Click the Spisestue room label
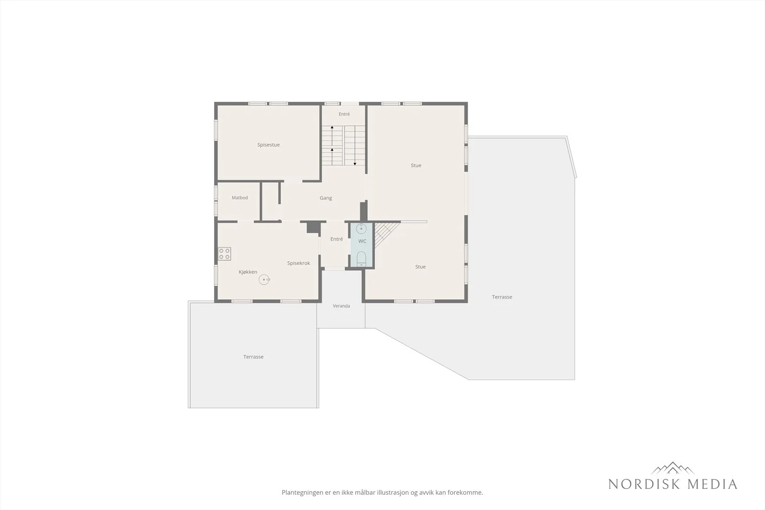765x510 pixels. pyautogui.click(x=268, y=145)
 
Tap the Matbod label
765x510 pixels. pyautogui.click(x=240, y=198)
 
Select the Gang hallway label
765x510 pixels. pyautogui.click(x=326, y=198)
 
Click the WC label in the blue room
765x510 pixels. pyautogui.click(x=362, y=241)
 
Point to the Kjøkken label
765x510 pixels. pyautogui.click(x=248, y=272)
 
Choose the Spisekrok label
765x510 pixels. pyautogui.click(x=298, y=263)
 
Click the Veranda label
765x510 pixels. pyautogui.click(x=341, y=306)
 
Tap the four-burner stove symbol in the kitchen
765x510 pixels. pyautogui.click(x=224, y=254)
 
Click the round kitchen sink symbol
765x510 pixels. pyautogui.click(x=264, y=280)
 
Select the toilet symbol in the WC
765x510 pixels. pyautogui.click(x=361, y=259)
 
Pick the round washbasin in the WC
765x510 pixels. pyautogui.click(x=361, y=228)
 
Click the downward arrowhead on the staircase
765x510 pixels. pyautogui.click(x=355, y=164)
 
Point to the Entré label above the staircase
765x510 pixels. pyautogui.click(x=344, y=114)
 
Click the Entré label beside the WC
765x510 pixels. pyautogui.click(x=337, y=239)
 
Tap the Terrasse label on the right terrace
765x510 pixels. pyautogui.click(x=502, y=297)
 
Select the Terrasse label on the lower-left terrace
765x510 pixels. pyautogui.click(x=253, y=357)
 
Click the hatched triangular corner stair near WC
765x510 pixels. pyautogui.click(x=383, y=232)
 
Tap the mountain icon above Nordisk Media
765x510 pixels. pyautogui.click(x=672, y=468)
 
